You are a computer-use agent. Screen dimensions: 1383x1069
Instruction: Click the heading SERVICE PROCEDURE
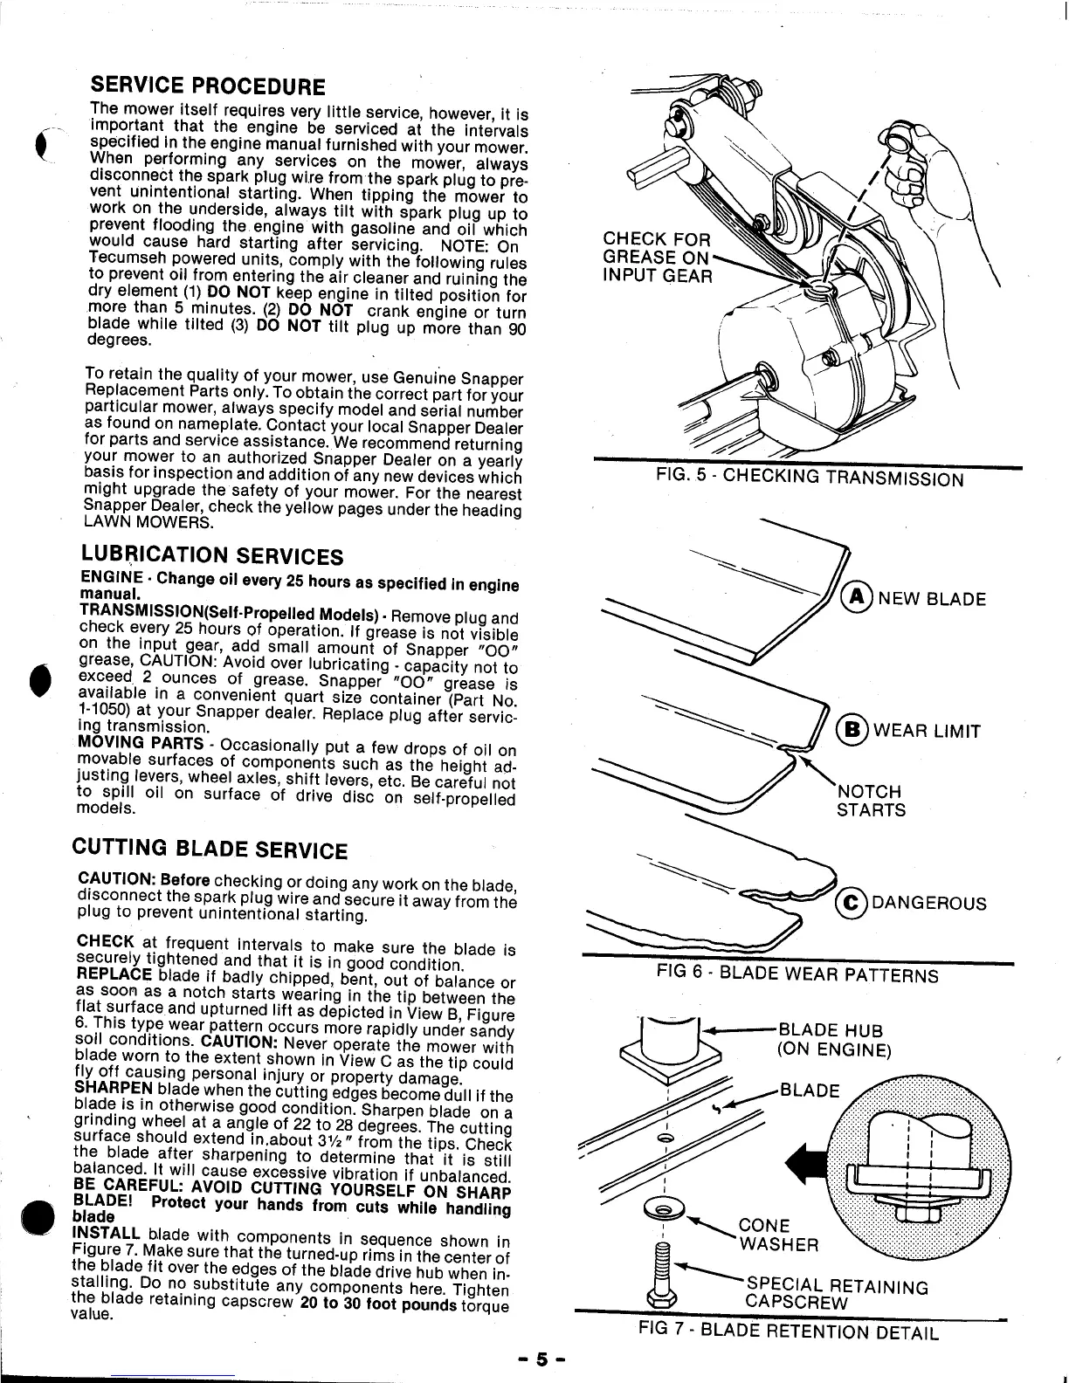(208, 87)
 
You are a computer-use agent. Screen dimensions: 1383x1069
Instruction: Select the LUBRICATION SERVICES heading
(212, 555)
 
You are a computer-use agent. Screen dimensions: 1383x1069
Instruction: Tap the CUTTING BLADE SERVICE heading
(209, 850)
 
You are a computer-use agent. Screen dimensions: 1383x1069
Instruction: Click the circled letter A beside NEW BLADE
(854, 599)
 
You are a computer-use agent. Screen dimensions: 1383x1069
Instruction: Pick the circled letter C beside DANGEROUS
(850, 903)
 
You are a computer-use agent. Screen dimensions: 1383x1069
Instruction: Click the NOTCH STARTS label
(871, 801)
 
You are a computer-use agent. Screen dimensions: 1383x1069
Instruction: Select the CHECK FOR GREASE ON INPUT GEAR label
(659, 258)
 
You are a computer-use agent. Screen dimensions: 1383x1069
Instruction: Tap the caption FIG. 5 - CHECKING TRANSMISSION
(810, 478)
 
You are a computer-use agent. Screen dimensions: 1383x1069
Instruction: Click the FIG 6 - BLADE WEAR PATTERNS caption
(797, 974)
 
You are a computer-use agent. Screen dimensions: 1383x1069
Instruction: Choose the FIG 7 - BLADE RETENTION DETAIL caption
(789, 1331)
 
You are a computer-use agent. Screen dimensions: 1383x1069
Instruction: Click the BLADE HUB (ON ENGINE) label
(833, 1041)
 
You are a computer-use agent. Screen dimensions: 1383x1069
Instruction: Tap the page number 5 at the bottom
(541, 1359)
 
